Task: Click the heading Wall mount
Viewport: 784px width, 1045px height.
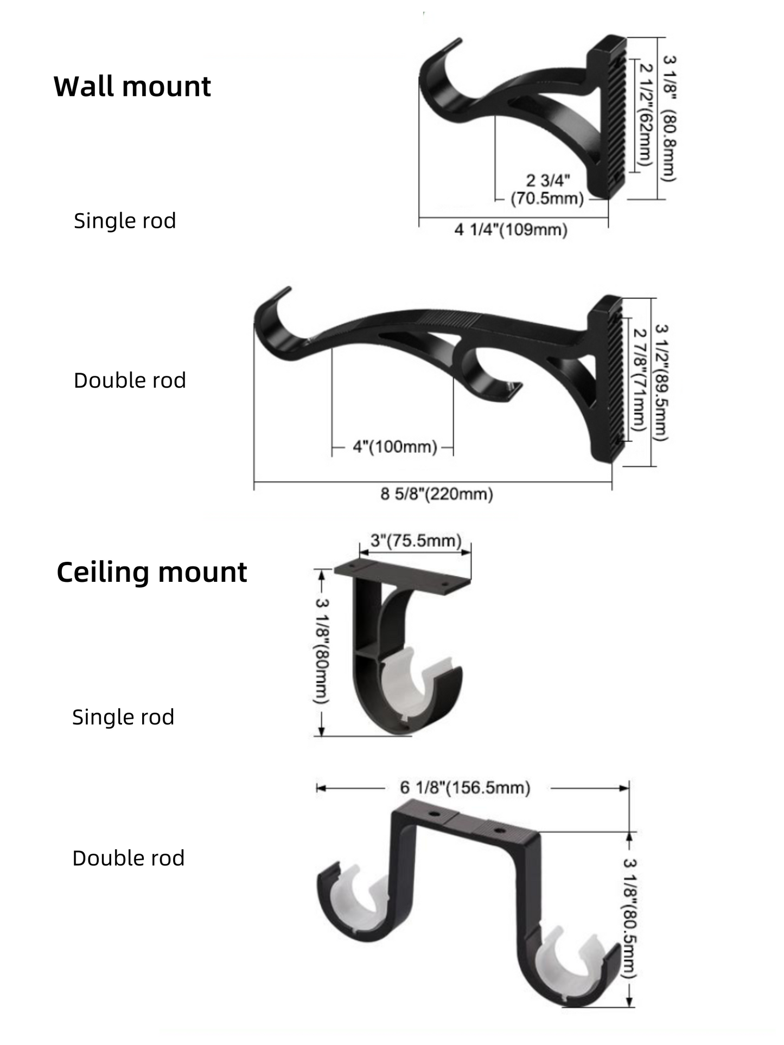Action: click(x=132, y=87)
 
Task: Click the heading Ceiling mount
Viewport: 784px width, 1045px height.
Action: click(x=151, y=573)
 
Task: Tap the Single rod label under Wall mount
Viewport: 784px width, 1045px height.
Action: click(x=125, y=221)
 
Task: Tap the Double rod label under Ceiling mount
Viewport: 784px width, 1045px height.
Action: click(x=129, y=858)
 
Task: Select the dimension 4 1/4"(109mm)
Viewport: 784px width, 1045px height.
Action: click(x=511, y=230)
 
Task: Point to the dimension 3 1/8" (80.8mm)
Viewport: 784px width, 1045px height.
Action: click(x=669, y=118)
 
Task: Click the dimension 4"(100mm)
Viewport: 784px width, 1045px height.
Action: click(x=394, y=447)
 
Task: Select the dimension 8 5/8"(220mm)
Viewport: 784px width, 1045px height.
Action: click(x=437, y=494)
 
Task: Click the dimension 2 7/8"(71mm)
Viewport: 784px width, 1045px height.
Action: click(x=639, y=380)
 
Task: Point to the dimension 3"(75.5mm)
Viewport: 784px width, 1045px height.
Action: click(x=416, y=541)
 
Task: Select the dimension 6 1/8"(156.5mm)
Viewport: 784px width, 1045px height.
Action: click(x=465, y=787)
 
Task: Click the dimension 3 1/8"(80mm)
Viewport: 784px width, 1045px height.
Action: click(x=322, y=651)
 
